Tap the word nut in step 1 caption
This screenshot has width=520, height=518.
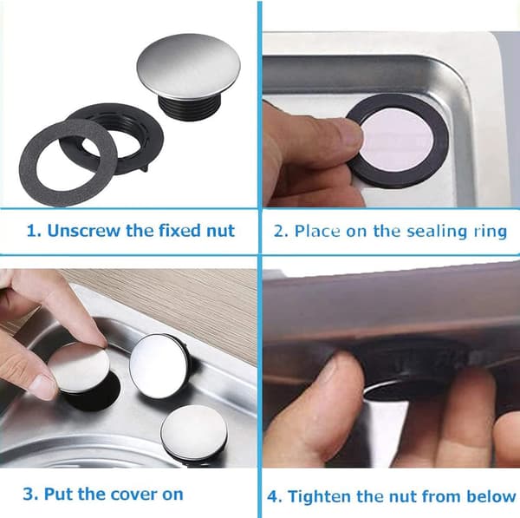(x=220, y=231)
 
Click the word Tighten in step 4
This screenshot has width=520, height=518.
(x=320, y=497)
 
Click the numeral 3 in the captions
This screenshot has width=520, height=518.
(x=29, y=494)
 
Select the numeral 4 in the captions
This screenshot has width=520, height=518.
(x=273, y=497)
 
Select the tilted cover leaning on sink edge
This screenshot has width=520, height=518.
(x=159, y=365)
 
